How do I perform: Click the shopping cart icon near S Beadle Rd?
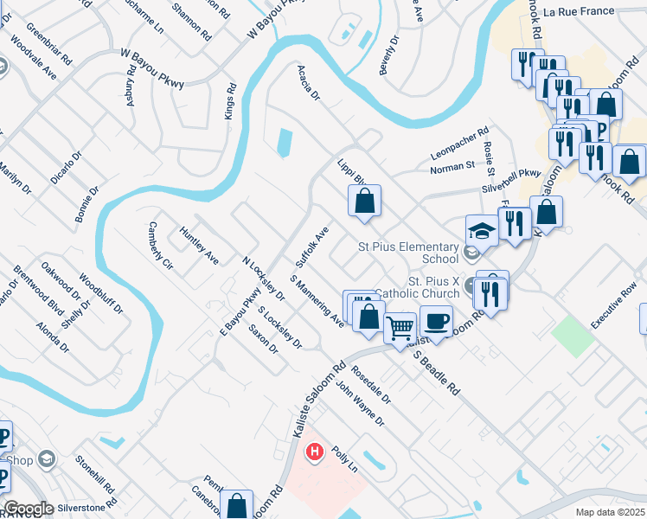point(400,329)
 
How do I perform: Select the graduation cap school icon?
point(482,231)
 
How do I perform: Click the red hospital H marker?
point(315,451)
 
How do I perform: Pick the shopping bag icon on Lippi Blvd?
point(365,202)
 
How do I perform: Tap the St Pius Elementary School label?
point(408,252)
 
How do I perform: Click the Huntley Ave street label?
point(199,246)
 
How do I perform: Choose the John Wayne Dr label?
point(360,403)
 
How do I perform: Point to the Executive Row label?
point(613,305)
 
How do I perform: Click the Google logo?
point(29,509)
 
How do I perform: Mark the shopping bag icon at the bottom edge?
point(236,505)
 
